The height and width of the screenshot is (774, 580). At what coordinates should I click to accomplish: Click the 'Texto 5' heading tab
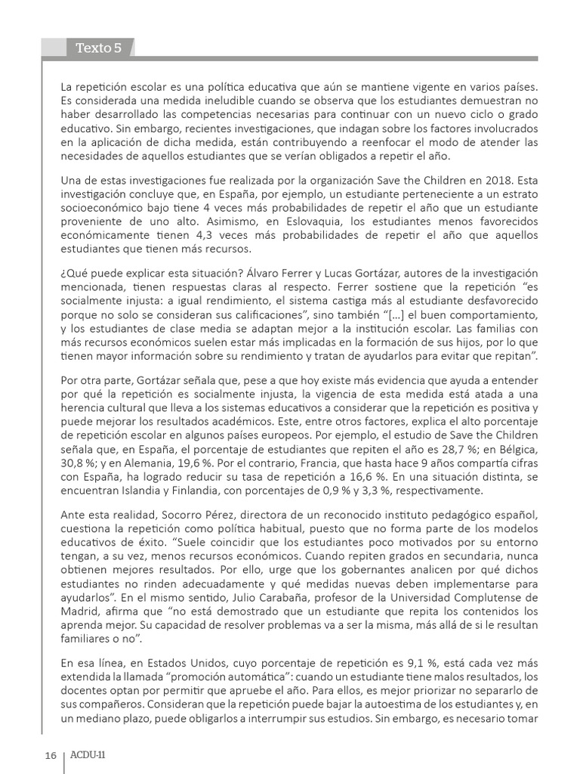pos(98,48)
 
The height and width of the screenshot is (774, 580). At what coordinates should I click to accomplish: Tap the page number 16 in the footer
pos(51,755)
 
